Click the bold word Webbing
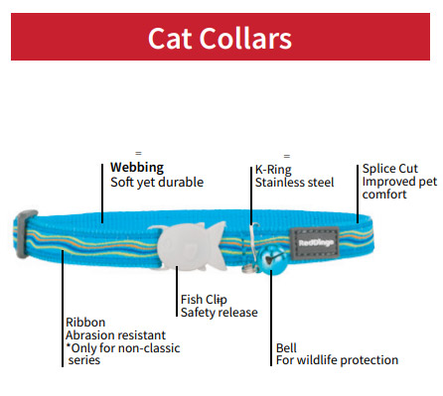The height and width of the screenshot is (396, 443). point(137,167)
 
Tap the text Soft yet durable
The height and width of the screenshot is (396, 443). point(156,182)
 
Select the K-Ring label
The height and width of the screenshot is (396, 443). point(273,169)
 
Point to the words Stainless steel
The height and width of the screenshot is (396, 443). point(294,183)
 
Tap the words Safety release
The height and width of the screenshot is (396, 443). point(219,313)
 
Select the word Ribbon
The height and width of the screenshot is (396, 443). point(84,323)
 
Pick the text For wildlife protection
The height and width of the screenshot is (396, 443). point(336,360)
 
